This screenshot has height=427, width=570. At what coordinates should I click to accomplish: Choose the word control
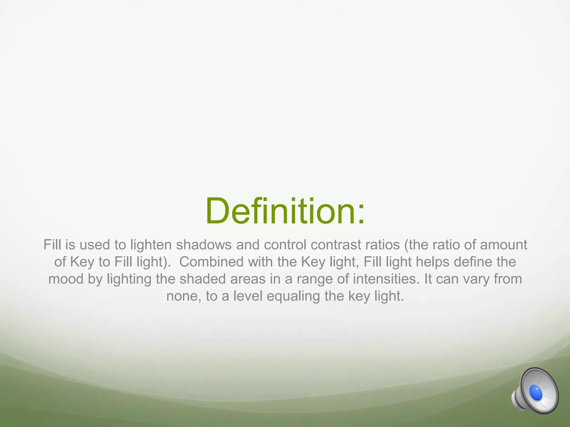285,245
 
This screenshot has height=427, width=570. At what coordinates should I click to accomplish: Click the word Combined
212,262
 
